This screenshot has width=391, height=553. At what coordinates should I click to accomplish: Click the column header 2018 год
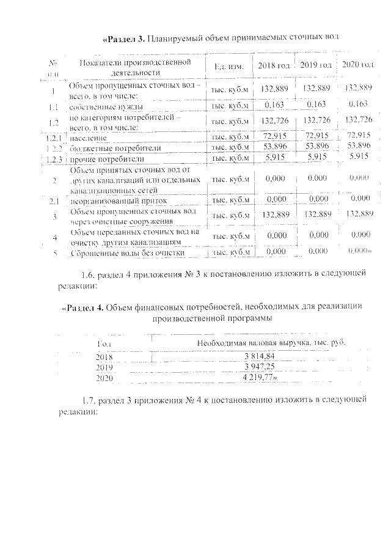tap(273, 65)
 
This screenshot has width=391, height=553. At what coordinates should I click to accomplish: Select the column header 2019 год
tap(316, 65)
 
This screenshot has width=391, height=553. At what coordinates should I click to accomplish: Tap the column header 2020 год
tap(357, 65)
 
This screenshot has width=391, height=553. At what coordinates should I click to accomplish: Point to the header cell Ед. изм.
tap(230, 65)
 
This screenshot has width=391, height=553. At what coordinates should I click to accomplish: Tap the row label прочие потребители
tap(101, 158)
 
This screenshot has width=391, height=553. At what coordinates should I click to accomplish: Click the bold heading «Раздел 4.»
tap(84, 307)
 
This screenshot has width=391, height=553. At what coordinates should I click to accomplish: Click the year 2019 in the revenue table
tap(105, 367)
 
